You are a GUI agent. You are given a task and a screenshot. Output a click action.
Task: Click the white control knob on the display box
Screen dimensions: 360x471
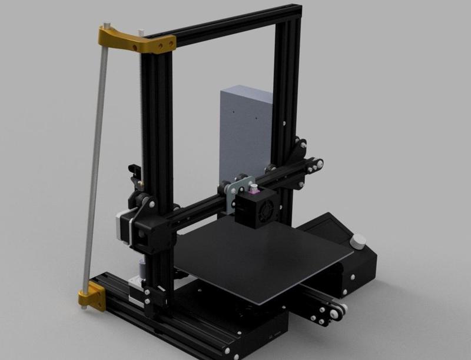point(358,242)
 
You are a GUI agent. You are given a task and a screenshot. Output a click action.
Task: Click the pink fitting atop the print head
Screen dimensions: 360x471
point(254,190)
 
